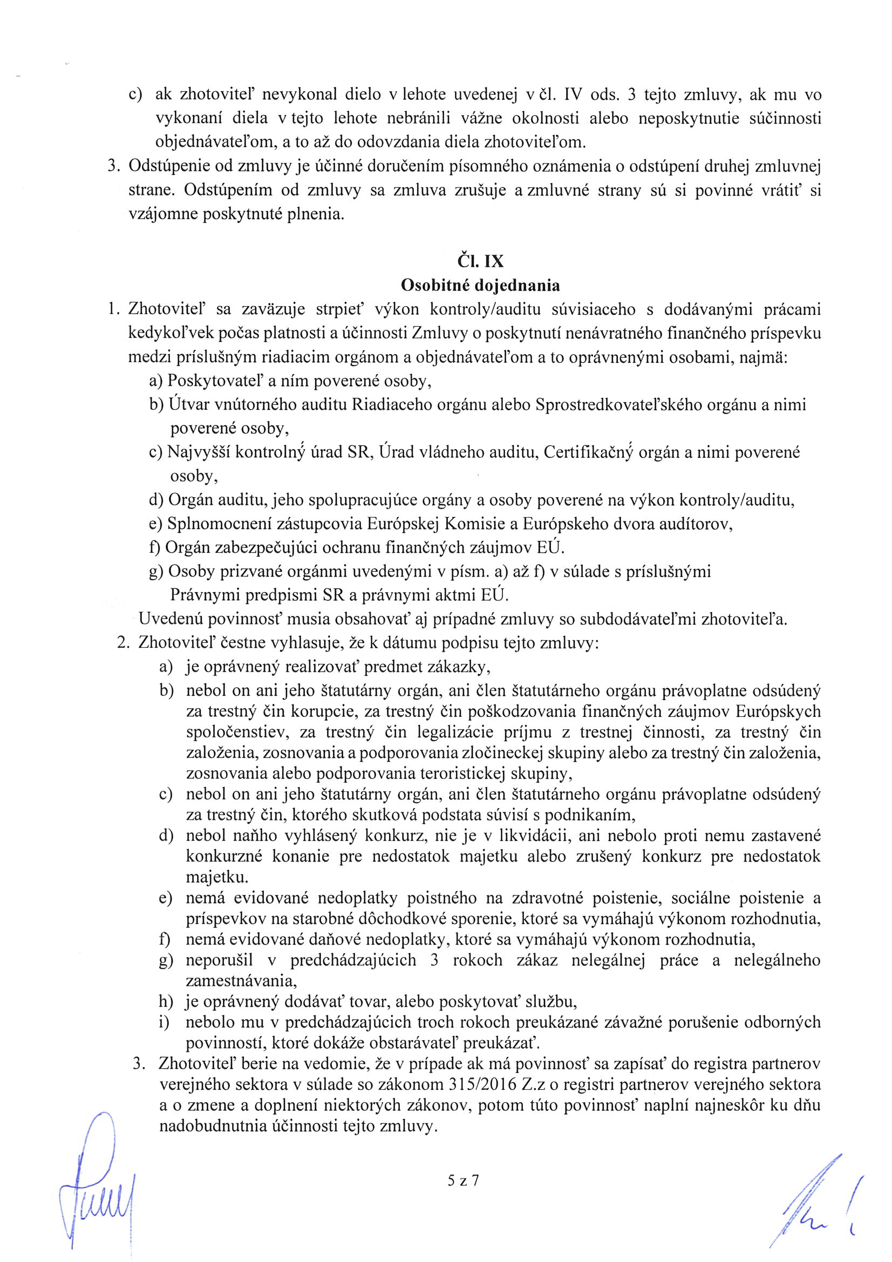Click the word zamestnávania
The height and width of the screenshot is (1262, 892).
241,981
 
